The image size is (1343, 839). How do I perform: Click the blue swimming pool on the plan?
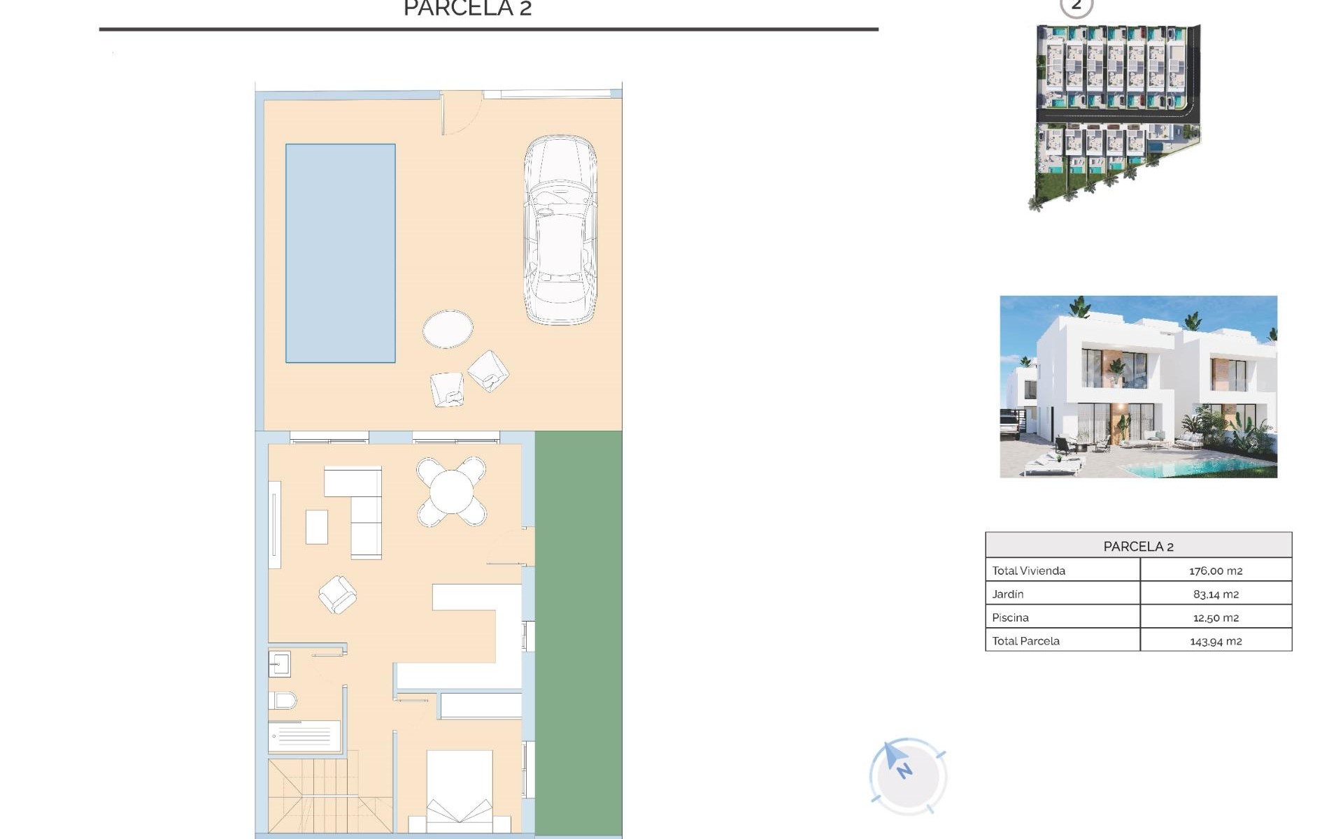340,253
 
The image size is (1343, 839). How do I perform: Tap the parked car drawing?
560,231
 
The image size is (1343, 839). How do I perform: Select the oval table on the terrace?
448,329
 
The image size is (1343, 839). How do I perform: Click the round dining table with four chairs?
451,492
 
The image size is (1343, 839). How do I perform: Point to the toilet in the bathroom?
283,699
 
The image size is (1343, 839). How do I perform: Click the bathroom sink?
280,664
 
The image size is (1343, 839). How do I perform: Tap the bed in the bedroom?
460,790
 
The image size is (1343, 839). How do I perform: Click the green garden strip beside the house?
578,629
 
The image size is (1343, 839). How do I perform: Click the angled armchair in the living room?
337,594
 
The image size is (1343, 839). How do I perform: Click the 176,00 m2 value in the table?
1215,571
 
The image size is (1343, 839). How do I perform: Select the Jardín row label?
1007,594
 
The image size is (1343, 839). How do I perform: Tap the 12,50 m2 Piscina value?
1215,618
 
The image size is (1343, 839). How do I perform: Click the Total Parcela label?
1025,641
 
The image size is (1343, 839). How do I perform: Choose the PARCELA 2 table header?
1138,546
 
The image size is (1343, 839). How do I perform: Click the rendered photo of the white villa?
1138,387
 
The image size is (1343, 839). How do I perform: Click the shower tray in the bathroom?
304,736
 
